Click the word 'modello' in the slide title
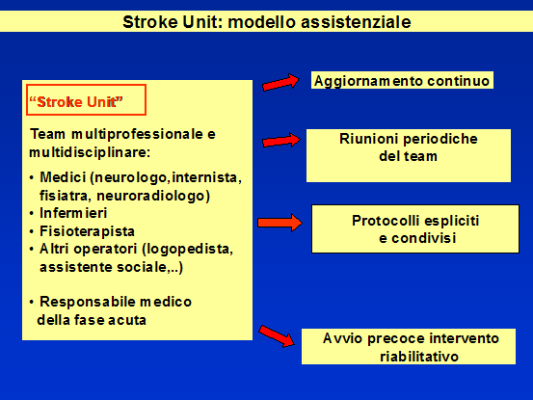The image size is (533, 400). [262, 22]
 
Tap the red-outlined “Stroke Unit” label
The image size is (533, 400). [87, 100]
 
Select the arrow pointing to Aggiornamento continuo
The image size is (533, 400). [280, 82]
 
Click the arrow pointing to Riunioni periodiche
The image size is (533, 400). [281, 140]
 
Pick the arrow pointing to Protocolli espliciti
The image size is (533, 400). [280, 223]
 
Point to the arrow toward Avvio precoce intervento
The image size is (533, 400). [277, 336]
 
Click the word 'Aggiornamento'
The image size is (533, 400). [369, 82]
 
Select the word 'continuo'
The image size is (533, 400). [458, 81]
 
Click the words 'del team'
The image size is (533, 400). [408, 156]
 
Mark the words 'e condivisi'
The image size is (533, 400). [417, 238]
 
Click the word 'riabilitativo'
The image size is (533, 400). [419, 357]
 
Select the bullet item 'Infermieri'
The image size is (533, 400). [73, 213]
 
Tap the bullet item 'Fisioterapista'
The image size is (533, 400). [87, 231]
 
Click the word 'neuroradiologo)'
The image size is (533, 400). [153, 196]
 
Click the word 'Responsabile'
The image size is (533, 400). [88, 302]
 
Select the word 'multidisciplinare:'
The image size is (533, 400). [90, 152]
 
